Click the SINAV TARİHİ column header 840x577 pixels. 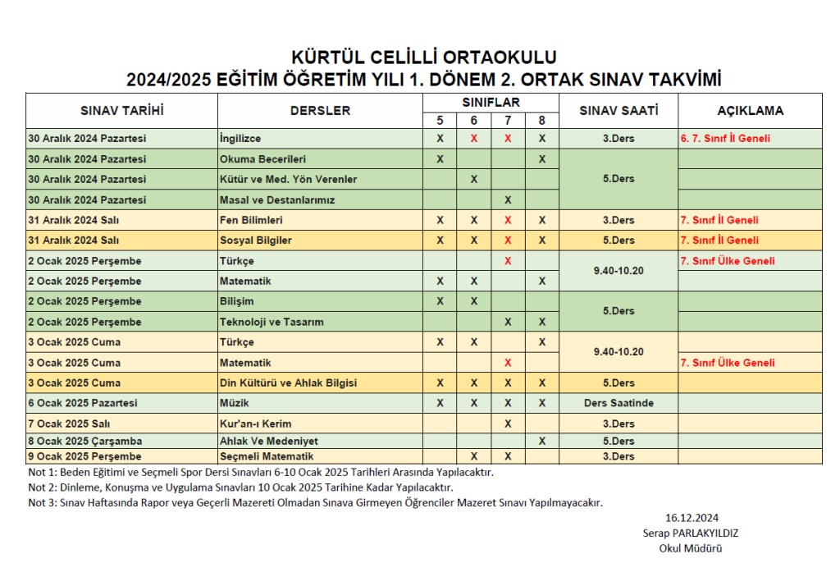(x=121, y=111)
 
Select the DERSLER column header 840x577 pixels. (x=320, y=111)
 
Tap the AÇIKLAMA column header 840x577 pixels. (x=750, y=111)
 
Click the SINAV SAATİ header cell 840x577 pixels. (x=618, y=111)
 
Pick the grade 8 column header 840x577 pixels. (x=541, y=121)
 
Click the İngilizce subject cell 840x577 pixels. (x=240, y=139)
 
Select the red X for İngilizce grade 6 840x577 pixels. (x=474, y=139)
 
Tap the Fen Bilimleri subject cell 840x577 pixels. (x=251, y=220)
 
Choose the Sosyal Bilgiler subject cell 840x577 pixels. (x=256, y=240)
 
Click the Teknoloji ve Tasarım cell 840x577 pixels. (x=272, y=322)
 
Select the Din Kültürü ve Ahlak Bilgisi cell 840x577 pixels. (x=288, y=383)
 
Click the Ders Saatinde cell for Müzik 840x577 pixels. (x=619, y=403)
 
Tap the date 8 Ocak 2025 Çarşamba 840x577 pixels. (x=84, y=441)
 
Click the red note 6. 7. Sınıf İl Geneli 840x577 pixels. (x=725, y=139)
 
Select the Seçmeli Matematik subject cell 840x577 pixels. (x=267, y=456)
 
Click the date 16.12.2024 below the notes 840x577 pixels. (x=692, y=517)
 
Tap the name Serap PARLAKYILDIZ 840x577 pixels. (x=691, y=533)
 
